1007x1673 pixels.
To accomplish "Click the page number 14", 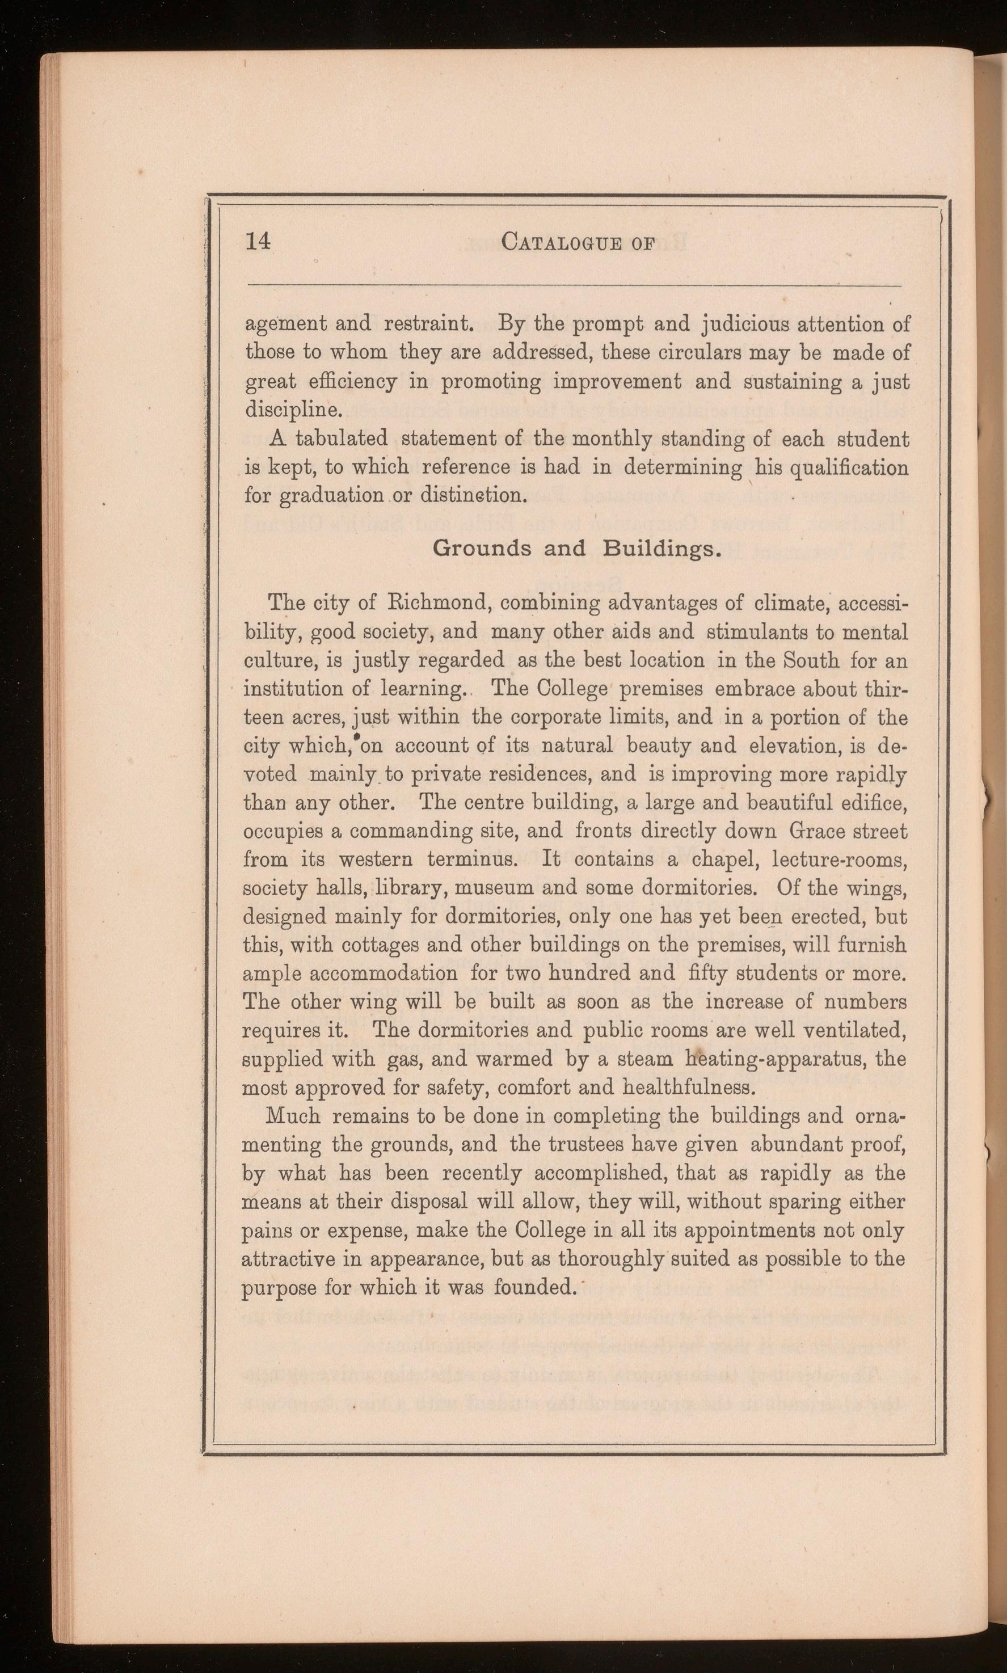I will (x=258, y=241).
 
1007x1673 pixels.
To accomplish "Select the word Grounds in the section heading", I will (x=482, y=548).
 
